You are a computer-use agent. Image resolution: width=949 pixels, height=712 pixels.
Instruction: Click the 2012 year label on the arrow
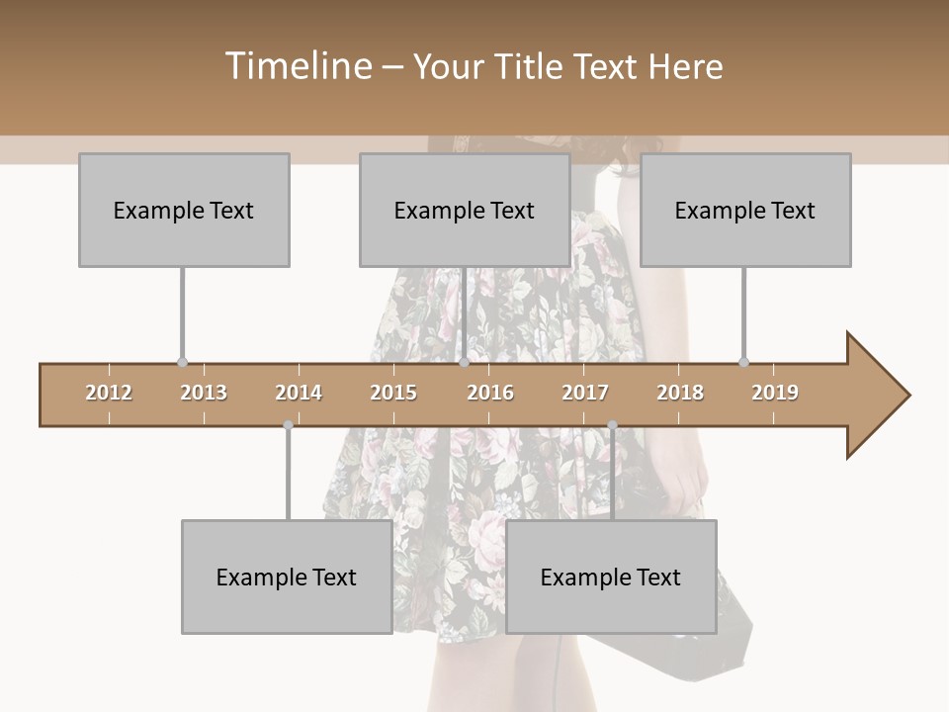click(109, 393)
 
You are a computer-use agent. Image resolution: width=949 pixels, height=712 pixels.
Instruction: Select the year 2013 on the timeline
click(204, 393)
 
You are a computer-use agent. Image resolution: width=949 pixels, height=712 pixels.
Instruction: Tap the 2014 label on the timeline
click(299, 393)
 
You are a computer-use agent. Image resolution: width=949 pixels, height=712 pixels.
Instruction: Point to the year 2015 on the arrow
click(393, 393)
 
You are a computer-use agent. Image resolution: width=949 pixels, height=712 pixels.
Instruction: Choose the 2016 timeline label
click(490, 393)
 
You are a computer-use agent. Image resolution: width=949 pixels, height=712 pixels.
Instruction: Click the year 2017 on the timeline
click(585, 393)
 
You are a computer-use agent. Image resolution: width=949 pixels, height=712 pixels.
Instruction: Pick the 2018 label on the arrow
click(680, 393)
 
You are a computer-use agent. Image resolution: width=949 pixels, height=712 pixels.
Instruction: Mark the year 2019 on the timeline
click(775, 393)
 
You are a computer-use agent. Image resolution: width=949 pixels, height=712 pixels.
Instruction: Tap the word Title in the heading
click(533, 66)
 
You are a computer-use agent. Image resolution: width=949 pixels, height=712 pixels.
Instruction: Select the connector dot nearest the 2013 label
click(182, 363)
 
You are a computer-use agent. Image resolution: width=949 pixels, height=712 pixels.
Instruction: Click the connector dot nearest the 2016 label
click(464, 363)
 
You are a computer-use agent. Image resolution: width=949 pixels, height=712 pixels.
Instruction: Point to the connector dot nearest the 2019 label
click(743, 363)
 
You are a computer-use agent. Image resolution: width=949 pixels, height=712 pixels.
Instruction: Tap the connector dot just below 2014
click(288, 425)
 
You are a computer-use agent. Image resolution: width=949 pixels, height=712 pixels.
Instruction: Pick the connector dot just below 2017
click(612, 425)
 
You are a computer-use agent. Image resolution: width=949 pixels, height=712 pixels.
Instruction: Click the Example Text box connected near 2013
click(184, 210)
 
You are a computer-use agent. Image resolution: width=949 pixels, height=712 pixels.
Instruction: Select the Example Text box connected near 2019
click(745, 210)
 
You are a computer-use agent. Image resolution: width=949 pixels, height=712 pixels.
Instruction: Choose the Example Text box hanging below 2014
click(287, 577)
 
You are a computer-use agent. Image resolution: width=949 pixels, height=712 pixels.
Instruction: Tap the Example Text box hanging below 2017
click(611, 577)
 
